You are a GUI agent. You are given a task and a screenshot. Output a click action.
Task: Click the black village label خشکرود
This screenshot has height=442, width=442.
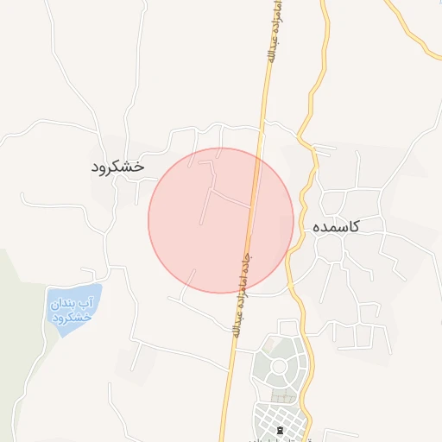point(118,166)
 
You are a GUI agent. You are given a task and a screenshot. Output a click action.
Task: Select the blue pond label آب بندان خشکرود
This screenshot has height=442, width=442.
point(73,310)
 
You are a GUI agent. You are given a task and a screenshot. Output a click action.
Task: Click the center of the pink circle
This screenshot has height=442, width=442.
point(221,220)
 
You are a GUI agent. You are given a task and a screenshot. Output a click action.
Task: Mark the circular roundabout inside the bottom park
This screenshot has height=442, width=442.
point(279,366)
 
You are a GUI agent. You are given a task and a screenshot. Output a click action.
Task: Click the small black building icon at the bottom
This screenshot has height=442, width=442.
point(279,429)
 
